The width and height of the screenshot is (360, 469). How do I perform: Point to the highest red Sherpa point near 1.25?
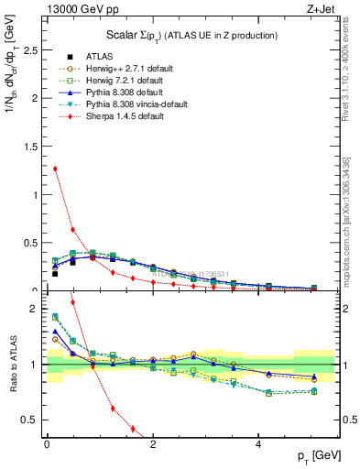pos(55,169)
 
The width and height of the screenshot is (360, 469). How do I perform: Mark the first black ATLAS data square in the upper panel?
pos(55,273)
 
